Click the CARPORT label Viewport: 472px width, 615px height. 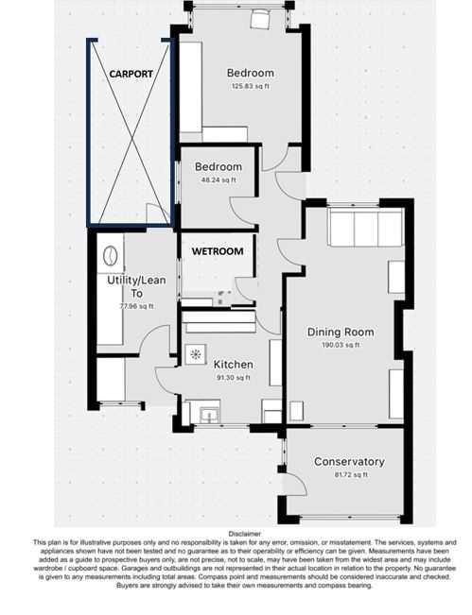pos(131,74)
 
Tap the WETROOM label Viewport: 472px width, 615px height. pos(218,251)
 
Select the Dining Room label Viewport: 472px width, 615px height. pos(341,333)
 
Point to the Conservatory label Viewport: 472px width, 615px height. pos(349,462)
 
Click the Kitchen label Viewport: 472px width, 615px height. pos(234,365)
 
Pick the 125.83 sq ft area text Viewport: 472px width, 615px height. pos(250,86)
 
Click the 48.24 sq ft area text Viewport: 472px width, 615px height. pos(219,180)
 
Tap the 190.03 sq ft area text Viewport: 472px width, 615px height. pos(341,345)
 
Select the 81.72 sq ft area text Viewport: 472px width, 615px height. pos(349,474)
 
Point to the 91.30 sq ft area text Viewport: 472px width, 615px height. pos(234,378)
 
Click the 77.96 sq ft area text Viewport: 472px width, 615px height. pos(136,306)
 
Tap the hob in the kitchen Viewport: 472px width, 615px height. pos(196,354)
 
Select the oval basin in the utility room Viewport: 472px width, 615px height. pos(110,255)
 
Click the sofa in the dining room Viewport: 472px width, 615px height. pos(367,228)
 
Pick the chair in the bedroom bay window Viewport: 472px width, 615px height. pos(259,19)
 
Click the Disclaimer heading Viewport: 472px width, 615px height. pos(244,534)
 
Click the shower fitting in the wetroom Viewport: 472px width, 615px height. pos(223,297)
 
